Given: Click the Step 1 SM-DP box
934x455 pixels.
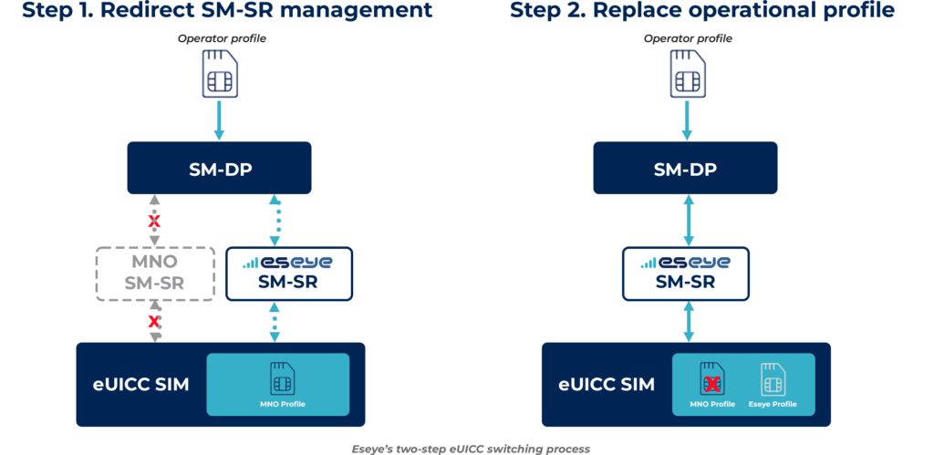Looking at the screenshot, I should (x=219, y=168).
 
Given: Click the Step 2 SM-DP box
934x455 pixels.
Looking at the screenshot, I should (x=685, y=168).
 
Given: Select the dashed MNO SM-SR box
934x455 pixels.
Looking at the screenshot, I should (x=155, y=273).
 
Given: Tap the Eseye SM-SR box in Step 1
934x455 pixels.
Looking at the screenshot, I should (x=288, y=273).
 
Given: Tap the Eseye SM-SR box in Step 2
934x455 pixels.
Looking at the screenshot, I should (x=684, y=273).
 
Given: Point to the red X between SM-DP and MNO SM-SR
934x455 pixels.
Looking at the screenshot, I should (x=154, y=221).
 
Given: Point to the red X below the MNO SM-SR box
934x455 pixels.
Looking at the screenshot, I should (x=154, y=321).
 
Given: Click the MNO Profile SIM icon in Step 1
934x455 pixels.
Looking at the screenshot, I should (x=282, y=378).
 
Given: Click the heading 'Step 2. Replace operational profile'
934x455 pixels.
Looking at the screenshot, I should (x=702, y=12).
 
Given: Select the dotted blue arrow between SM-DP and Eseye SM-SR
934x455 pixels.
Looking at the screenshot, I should (x=275, y=219).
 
